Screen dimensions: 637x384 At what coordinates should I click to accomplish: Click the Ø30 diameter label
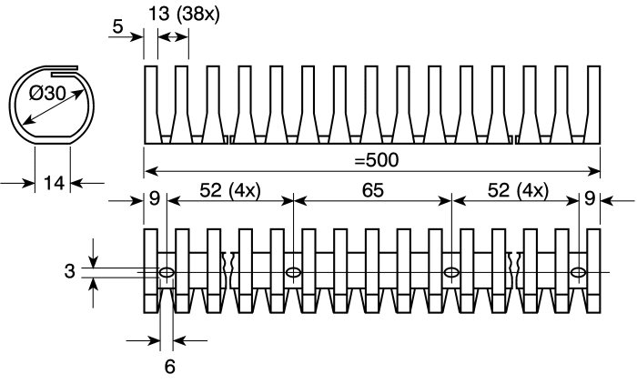[x=47, y=94]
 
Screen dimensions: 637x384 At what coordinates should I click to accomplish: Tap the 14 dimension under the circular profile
[x=54, y=183]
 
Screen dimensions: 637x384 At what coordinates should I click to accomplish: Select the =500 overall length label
[x=376, y=160]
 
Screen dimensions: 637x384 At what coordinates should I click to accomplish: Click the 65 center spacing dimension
[x=372, y=190]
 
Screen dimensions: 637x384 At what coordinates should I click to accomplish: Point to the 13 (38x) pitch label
[x=184, y=14]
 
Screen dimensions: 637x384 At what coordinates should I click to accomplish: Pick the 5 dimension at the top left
[x=117, y=26]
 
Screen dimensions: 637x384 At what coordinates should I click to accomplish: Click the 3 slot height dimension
[x=70, y=271]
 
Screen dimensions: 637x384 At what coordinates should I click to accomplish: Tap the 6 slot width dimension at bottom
[x=170, y=367]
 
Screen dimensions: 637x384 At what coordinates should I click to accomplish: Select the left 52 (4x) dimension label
[x=230, y=190]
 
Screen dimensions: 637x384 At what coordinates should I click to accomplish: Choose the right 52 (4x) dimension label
[x=518, y=190]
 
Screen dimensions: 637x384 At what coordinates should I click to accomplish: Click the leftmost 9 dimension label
[x=155, y=198]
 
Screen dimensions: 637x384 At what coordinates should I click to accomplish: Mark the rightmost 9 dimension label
[x=590, y=198]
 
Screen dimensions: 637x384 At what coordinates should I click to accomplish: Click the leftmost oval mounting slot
[x=167, y=272]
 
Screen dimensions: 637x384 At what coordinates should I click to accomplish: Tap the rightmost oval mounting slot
[x=579, y=272]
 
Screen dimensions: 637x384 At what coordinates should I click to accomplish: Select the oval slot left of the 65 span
[x=293, y=272]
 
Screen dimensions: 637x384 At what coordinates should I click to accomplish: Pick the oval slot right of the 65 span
[x=451, y=272]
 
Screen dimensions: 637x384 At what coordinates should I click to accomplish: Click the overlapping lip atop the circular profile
[x=65, y=70]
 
